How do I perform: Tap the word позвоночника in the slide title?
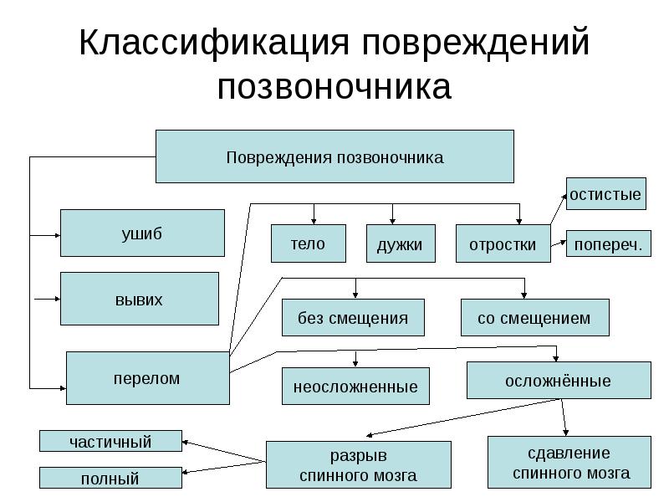point(334,88)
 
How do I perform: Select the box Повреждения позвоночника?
point(334,156)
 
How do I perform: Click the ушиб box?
point(142,233)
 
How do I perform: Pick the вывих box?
point(139,299)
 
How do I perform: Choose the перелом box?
point(147,378)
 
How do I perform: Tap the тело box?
point(308,244)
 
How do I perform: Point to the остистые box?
point(605,194)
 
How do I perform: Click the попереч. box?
point(608,244)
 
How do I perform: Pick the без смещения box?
point(353,318)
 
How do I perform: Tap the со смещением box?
point(534,318)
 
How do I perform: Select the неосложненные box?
point(355,387)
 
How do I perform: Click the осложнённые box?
point(558,381)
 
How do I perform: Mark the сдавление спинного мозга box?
point(569,463)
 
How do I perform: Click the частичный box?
point(110,441)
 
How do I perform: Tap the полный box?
point(110,479)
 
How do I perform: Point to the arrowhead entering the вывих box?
point(56,297)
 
